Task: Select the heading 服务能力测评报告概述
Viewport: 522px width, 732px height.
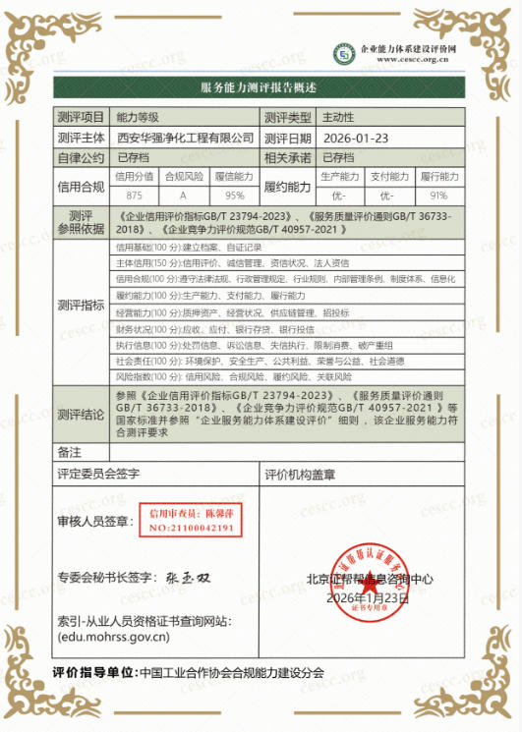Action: [260, 88]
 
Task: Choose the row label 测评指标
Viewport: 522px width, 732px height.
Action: [81, 306]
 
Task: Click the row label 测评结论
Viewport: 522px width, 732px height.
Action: [81, 414]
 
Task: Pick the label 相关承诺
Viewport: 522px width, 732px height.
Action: [288, 157]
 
